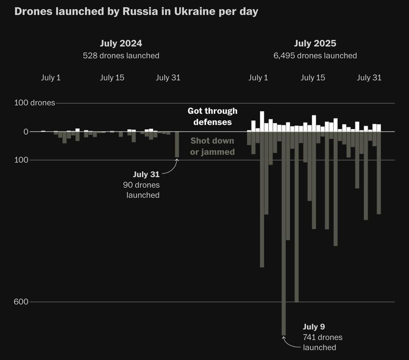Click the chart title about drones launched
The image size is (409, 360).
pos(136,11)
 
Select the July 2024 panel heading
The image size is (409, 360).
pos(121,43)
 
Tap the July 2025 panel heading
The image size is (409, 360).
pos(315,43)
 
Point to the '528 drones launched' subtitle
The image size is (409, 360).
pos(121,56)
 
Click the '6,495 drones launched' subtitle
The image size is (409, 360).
pos(315,56)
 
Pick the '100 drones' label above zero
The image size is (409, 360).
pos(34,103)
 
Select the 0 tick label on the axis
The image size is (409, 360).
pos(25,132)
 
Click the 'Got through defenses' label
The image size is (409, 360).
pos(212,116)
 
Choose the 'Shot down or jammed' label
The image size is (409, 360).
pos(212,146)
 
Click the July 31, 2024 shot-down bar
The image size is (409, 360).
pos(177,144)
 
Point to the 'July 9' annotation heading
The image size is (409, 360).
pos(314,327)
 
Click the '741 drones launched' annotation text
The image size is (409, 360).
pos(322,342)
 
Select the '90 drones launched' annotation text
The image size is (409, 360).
pos(142,190)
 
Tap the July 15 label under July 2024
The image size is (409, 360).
pos(112,78)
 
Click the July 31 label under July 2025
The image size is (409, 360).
pos(369,78)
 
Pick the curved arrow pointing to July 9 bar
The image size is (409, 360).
pos(290,344)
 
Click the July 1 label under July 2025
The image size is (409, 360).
pos(258,78)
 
